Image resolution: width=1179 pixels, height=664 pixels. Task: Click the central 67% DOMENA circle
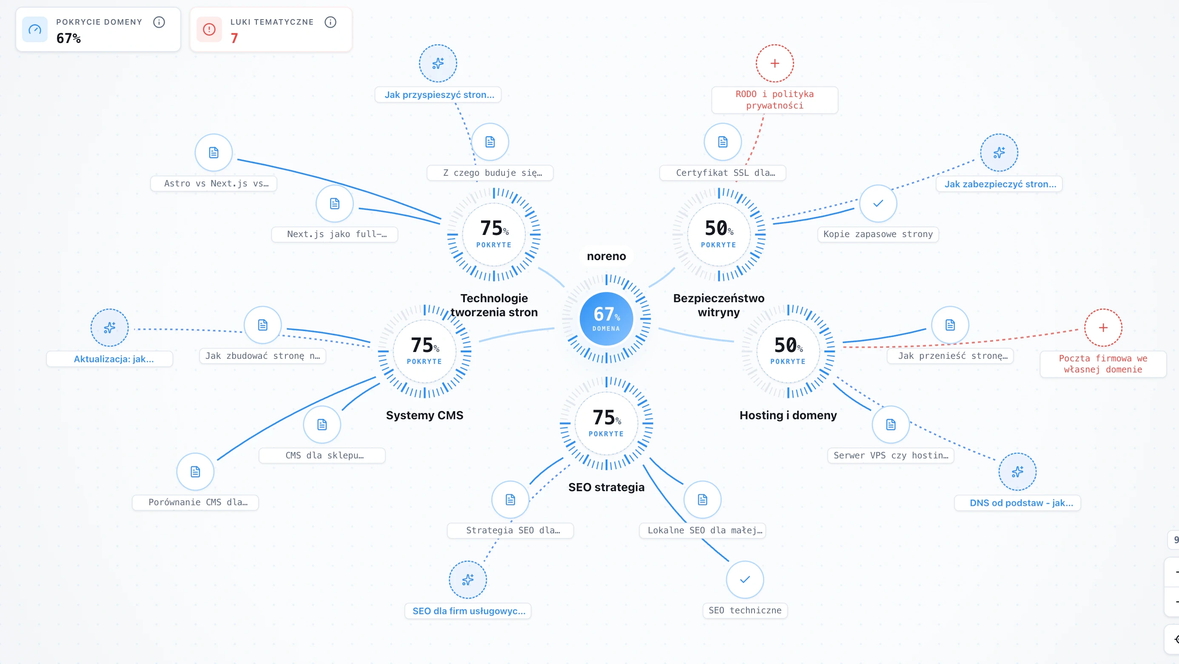pos(606,319)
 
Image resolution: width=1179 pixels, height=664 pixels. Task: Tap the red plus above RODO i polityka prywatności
pos(775,63)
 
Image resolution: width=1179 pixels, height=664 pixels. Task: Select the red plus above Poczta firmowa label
pos(1103,327)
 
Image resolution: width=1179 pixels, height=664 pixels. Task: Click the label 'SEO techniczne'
pos(745,610)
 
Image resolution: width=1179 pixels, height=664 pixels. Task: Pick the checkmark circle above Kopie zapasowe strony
pos(878,203)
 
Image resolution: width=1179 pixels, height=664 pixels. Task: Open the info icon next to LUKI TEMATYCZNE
pos(330,22)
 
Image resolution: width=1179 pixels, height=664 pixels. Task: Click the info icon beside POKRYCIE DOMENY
pos(159,22)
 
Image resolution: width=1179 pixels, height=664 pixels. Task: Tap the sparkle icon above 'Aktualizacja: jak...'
pos(109,327)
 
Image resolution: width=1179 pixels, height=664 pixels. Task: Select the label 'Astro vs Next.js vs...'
pos(214,183)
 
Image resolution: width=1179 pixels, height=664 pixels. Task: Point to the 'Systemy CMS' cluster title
pos(424,415)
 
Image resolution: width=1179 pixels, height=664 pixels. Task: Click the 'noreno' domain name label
pos(606,256)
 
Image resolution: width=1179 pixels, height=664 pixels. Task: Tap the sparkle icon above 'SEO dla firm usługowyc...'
pos(468,580)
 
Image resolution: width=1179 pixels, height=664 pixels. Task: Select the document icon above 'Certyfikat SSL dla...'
pos(723,142)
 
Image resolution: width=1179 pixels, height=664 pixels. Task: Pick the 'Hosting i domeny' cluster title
pos(788,415)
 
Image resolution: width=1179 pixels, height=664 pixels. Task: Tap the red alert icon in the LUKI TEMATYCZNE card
pos(209,29)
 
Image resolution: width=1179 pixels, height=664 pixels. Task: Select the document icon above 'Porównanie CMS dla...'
pos(195,472)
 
